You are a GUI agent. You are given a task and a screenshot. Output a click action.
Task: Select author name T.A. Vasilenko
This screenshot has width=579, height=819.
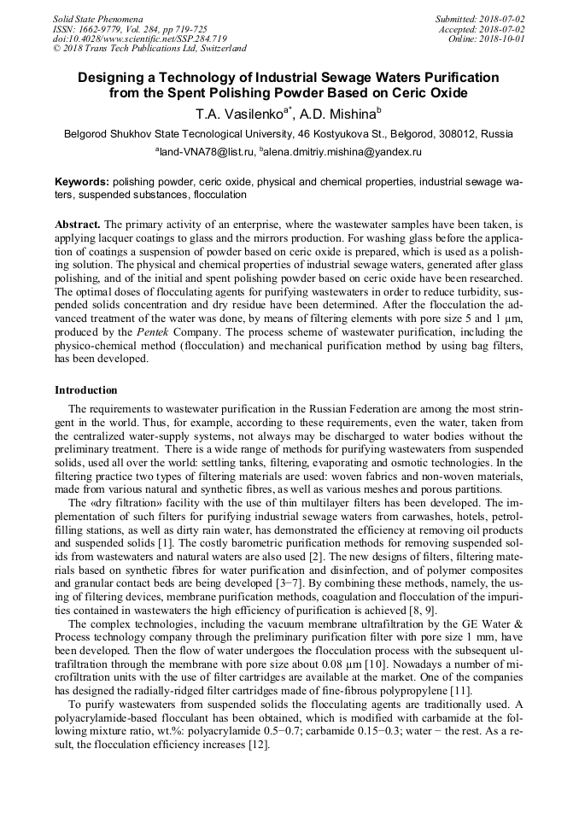coord(240,113)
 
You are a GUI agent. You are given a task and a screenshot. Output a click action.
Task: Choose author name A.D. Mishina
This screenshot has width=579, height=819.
coord(342,113)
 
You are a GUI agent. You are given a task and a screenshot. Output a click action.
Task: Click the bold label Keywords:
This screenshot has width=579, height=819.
coord(82,183)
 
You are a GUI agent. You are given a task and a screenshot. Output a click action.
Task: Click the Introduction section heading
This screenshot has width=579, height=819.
coord(85,390)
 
